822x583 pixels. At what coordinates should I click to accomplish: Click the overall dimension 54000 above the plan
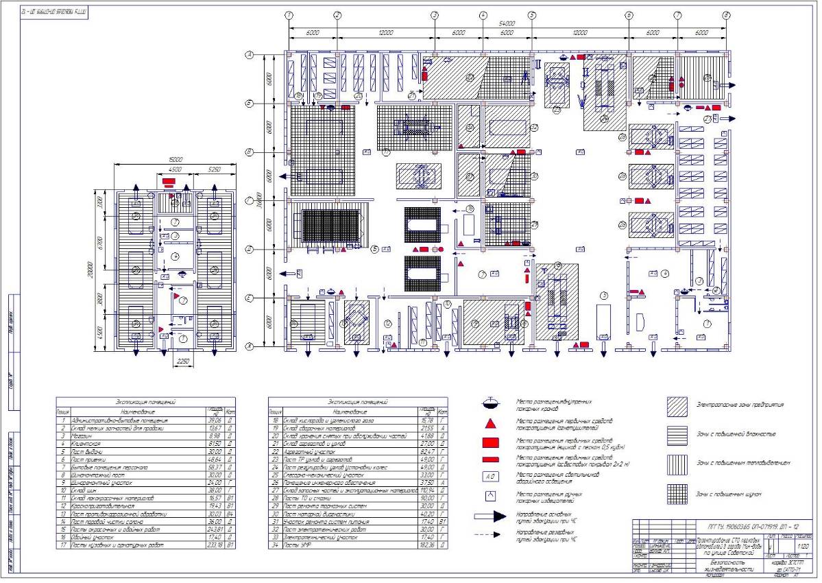pos(507,23)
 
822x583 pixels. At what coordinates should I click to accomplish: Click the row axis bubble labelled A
pos(250,54)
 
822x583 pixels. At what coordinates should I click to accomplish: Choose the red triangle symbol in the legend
pos(489,425)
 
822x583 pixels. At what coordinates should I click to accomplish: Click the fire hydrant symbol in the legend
pos(489,403)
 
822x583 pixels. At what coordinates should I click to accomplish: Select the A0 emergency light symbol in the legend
pos(489,475)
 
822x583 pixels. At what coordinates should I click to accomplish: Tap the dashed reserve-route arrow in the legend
pos(493,534)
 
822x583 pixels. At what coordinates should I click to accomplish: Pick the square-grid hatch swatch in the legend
pos(677,491)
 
